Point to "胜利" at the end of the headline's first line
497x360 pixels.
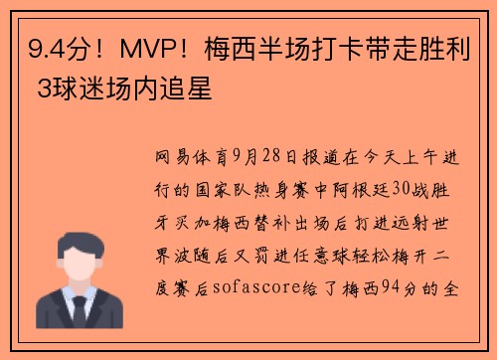click(x=462, y=47)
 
